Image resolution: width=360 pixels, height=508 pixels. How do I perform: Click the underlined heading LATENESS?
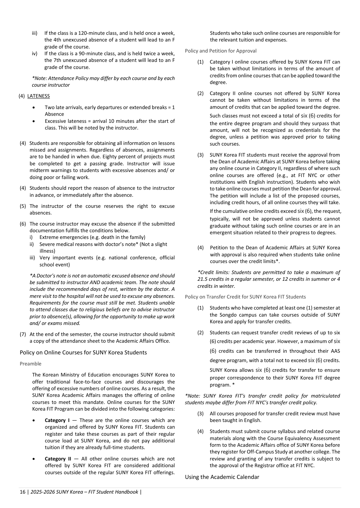(x=39, y=96)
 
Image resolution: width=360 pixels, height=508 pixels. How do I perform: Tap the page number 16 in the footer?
(x=22, y=492)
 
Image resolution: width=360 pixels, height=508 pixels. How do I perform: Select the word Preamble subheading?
(x=30, y=364)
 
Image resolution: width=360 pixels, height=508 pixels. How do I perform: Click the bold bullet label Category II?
(x=58, y=459)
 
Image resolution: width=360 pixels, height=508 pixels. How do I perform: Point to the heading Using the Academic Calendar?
(x=222, y=477)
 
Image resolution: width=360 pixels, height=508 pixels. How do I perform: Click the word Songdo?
(x=227, y=315)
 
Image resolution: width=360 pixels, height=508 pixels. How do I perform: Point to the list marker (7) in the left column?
(x=23, y=334)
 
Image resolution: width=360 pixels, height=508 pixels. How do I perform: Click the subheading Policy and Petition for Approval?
(x=221, y=51)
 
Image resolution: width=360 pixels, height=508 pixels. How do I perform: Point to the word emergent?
(x=224, y=233)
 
